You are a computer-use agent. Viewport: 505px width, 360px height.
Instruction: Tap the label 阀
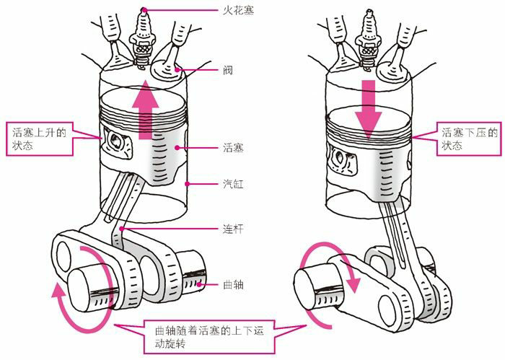[x=227, y=71]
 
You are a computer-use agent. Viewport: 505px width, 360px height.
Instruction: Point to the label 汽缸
[x=232, y=185]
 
